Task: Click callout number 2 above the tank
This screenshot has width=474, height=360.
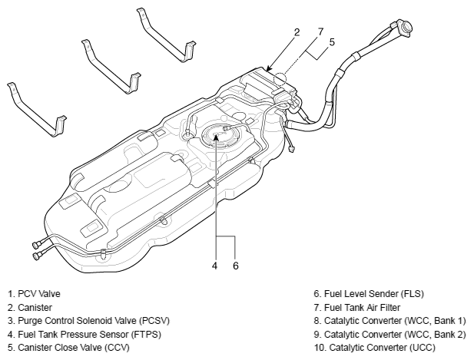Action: pyautogui.click(x=297, y=32)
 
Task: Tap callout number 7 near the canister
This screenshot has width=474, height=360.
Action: pyautogui.click(x=320, y=31)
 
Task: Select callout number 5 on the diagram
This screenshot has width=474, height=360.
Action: pyautogui.click(x=332, y=42)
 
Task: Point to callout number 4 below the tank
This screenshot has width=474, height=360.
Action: pyautogui.click(x=214, y=266)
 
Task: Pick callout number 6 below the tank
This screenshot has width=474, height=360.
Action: pyautogui.click(x=236, y=266)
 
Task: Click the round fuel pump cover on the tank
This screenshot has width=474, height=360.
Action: pyautogui.click(x=216, y=135)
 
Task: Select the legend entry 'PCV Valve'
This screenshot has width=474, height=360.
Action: pyautogui.click(x=34, y=294)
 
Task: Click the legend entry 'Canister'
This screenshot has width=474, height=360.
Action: pyautogui.click(x=30, y=308)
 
